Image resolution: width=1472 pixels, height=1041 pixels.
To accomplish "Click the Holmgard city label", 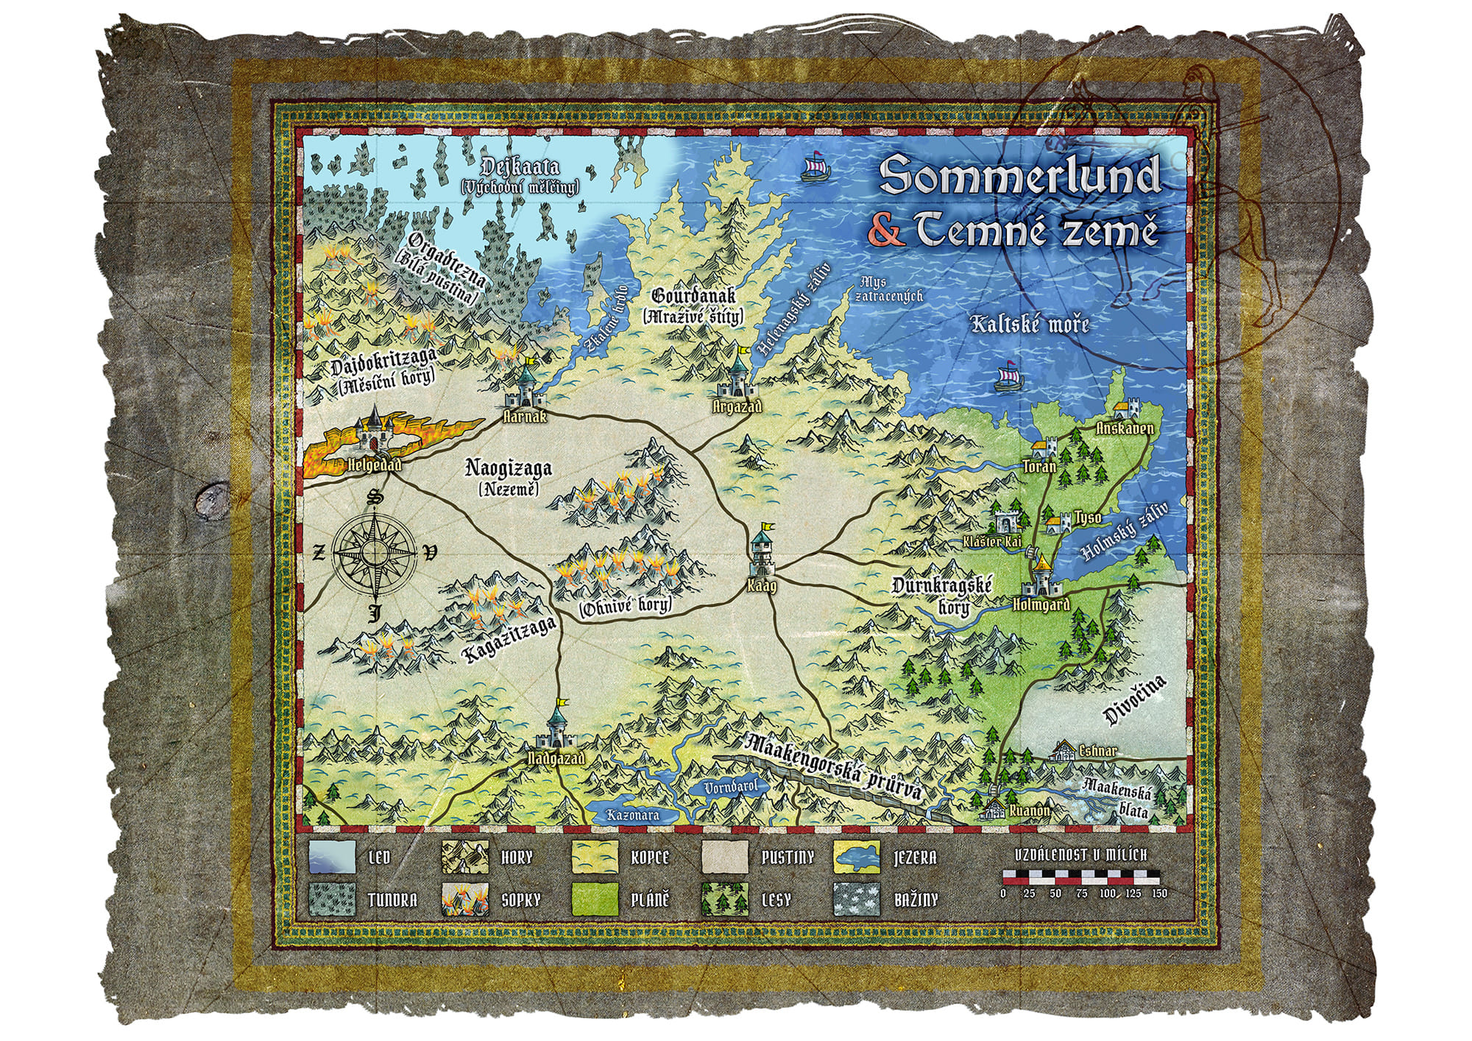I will point(1041,605).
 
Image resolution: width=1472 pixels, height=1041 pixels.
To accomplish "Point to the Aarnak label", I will point(524,417).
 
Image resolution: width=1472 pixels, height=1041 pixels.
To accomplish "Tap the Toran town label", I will point(1040,466).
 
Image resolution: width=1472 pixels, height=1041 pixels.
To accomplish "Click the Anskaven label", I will point(1125,428).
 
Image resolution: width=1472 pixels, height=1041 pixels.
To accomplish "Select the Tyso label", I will point(1088,517).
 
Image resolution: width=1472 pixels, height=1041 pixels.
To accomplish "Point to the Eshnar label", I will point(1097,751).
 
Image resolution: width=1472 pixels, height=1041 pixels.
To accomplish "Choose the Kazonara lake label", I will point(632,816).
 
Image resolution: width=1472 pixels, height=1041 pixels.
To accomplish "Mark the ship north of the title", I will point(816,167).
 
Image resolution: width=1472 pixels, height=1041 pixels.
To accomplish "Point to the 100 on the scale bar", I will point(1107,894).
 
